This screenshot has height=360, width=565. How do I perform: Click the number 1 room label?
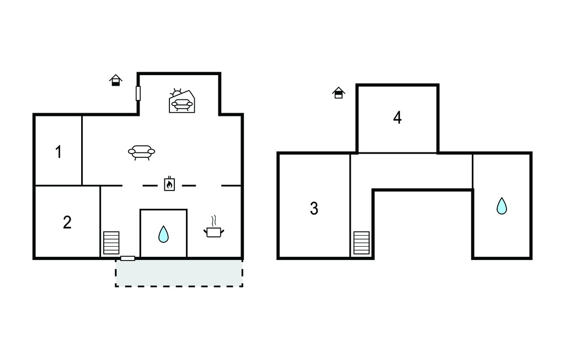pos(58,152)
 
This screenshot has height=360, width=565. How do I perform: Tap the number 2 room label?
pos(67,223)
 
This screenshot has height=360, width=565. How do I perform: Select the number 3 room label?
pos(314,209)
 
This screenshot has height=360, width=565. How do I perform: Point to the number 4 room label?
pos(397,118)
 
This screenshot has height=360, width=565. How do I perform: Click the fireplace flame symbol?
pos(169,184)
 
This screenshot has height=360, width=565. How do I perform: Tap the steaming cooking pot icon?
pos(214,227)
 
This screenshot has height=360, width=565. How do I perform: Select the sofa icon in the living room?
pos(142,152)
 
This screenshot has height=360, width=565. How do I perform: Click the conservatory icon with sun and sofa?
pos(182,100)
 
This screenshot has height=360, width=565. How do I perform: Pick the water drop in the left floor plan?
pos(163,234)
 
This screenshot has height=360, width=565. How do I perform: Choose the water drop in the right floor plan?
pos(502,206)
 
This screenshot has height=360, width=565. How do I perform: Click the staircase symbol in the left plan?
pos(111,243)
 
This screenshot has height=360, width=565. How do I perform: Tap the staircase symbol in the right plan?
pos(361,243)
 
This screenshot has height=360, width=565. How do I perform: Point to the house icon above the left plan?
pos(116,80)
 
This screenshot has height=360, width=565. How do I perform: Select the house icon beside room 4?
pos(338,93)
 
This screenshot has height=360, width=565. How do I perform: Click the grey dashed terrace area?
pos(179,273)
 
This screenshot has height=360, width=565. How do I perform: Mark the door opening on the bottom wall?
pos(127,258)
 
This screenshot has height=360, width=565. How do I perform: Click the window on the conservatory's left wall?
pos(138,93)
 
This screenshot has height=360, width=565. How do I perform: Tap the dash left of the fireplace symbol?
pos(150,186)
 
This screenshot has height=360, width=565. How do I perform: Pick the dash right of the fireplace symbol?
pos(189,186)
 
